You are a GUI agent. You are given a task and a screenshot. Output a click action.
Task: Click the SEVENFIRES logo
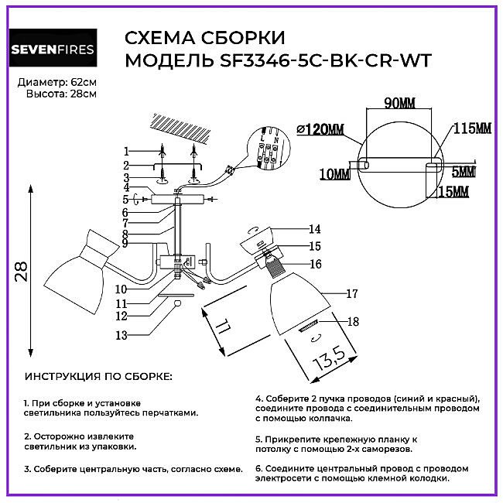pyautogui.click(x=51, y=50)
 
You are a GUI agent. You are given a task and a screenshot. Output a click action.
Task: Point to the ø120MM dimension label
pyautogui.click(x=320, y=129)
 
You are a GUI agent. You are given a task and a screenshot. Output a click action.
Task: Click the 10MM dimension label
pyautogui.click(x=334, y=175)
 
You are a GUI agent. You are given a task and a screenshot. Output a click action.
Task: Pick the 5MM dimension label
pyautogui.click(x=465, y=171)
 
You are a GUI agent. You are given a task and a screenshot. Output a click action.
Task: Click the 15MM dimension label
pyautogui.click(x=454, y=190)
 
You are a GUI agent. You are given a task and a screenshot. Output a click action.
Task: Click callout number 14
pyautogui.click(x=314, y=229)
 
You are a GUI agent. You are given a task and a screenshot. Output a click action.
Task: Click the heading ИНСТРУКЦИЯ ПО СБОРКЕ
pyautogui.click(x=98, y=377)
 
